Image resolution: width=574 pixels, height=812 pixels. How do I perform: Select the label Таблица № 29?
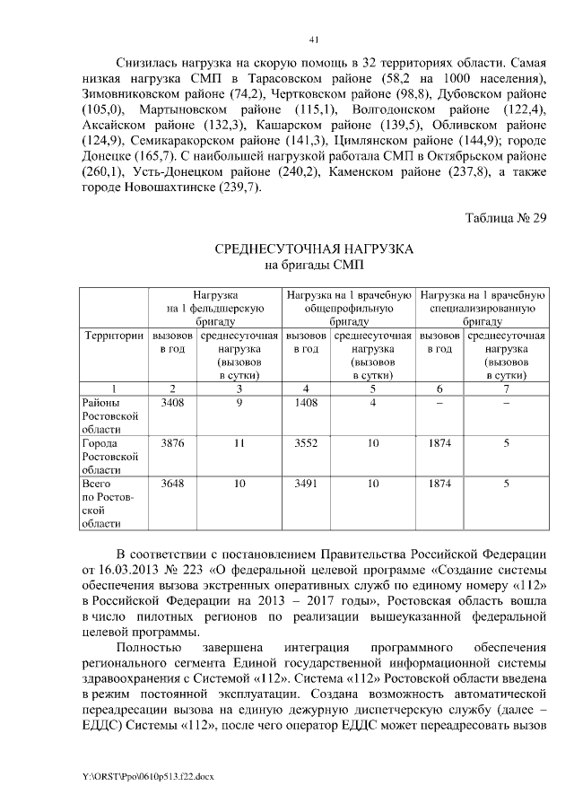(505, 218)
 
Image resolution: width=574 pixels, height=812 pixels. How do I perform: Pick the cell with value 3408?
(171, 403)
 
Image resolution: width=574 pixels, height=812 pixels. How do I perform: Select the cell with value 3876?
(171, 442)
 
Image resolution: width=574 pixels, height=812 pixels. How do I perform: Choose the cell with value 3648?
(171, 483)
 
